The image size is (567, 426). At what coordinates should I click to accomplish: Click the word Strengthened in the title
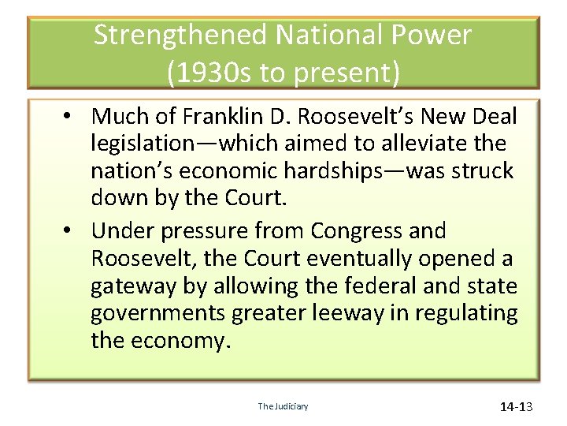point(180,35)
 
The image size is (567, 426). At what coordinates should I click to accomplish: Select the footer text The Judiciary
point(283,406)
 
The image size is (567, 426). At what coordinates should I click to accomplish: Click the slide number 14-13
point(517,407)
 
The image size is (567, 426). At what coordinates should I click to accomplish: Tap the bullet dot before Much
point(70,117)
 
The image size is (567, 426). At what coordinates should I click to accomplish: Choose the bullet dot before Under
point(70,231)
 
